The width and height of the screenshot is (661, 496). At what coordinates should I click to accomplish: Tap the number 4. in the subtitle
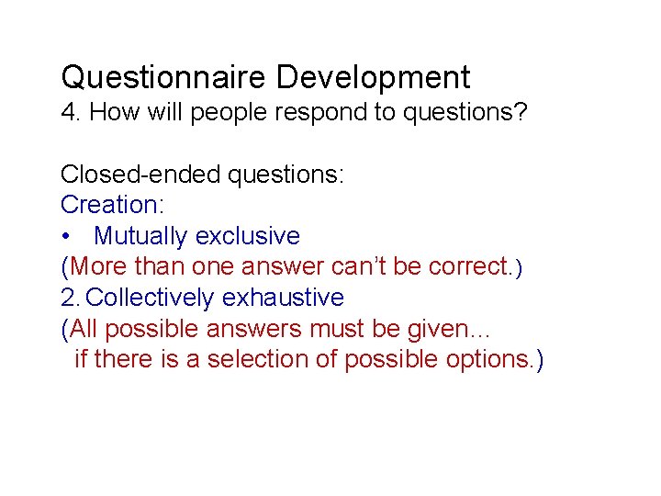click(x=72, y=113)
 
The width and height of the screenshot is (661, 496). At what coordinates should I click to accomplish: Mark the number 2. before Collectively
click(x=71, y=298)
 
